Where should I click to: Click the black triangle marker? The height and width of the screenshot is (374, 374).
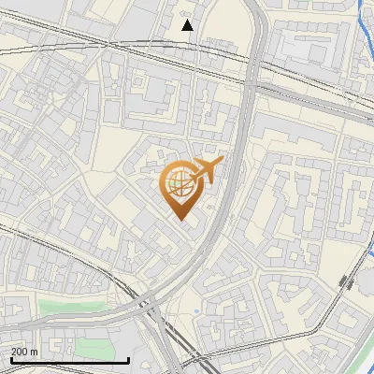pos(188,25)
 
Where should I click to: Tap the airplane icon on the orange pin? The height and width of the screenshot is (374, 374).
pos(206,171)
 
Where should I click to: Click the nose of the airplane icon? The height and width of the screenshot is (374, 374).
pos(223,161)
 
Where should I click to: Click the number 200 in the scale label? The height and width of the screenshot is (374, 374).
pos(21,352)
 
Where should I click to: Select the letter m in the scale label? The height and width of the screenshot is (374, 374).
pos(35,352)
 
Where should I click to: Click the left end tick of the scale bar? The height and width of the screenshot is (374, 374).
pos(11,358)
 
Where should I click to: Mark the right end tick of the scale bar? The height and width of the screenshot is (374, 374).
pos(128,358)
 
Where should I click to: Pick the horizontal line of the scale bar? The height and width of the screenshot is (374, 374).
pos(70,360)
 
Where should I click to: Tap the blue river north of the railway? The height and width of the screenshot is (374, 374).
pos(367,37)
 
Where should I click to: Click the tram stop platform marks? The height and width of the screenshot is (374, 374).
pos(347,281)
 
